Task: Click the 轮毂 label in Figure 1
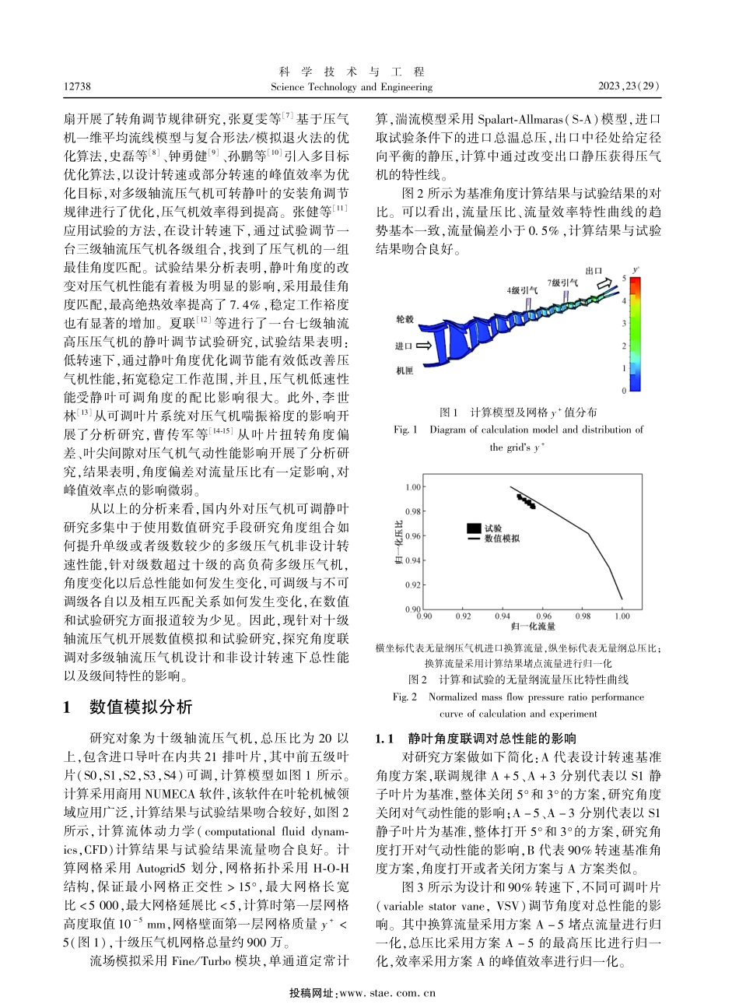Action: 405,318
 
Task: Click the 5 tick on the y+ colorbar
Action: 622,277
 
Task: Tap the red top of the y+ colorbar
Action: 636,283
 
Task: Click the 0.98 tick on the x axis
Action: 581,616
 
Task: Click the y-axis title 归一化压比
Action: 399,547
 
